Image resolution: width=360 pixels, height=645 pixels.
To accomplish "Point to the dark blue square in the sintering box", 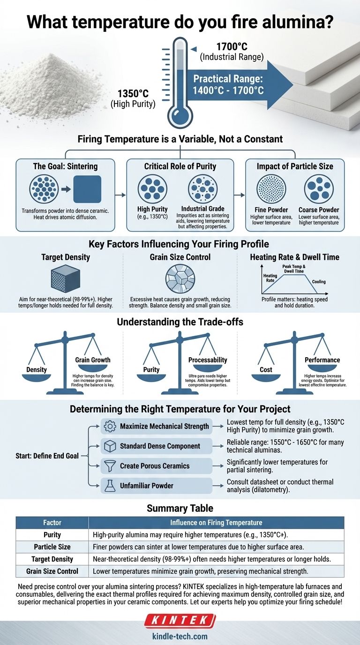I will (87, 189).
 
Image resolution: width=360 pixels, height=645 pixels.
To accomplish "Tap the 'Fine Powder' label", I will (271, 210).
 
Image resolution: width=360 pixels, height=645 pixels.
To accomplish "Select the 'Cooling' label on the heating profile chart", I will (318, 282).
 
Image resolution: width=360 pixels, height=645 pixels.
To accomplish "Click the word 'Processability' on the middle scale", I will (207, 360).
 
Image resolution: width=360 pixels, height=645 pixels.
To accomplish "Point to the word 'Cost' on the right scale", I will (266, 369).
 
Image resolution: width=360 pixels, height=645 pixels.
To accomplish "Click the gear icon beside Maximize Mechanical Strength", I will (110, 427).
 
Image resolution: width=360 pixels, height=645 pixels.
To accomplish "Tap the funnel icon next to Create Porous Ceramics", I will (110, 466).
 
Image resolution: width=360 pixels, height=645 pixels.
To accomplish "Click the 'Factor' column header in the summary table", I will (52, 523).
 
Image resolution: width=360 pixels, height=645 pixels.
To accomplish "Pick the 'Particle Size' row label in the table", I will (52, 547).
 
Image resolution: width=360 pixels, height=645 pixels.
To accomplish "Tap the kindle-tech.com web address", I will (180, 636).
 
